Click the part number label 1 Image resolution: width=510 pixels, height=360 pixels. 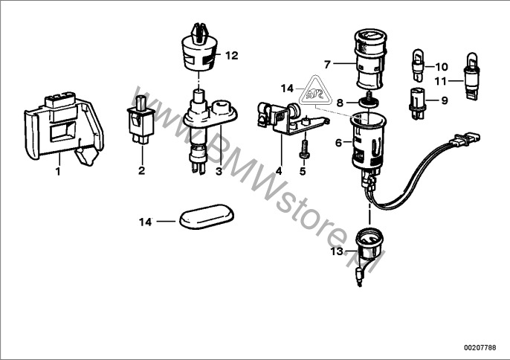[56, 171]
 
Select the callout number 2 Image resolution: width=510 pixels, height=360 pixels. [141, 171]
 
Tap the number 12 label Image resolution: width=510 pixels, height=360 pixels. [232, 56]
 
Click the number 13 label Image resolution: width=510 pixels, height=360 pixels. [337, 252]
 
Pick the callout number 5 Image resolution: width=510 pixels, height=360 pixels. [303, 171]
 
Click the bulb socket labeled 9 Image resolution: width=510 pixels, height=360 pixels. [416, 100]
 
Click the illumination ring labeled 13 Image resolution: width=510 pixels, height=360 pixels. [367, 243]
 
